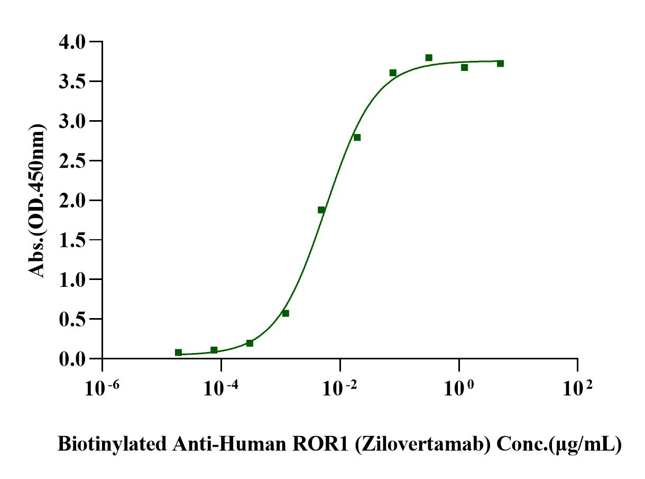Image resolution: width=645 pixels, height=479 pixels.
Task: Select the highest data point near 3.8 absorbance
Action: (x=429, y=58)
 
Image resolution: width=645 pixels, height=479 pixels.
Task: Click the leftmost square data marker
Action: (x=178, y=353)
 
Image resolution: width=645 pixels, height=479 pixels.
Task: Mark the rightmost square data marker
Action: (x=500, y=64)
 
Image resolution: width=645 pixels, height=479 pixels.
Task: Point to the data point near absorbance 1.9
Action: (x=321, y=210)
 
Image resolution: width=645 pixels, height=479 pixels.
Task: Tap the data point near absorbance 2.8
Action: (x=357, y=138)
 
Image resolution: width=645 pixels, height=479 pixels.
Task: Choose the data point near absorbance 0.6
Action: (x=285, y=313)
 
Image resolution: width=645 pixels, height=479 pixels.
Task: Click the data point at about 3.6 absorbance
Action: (x=393, y=73)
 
